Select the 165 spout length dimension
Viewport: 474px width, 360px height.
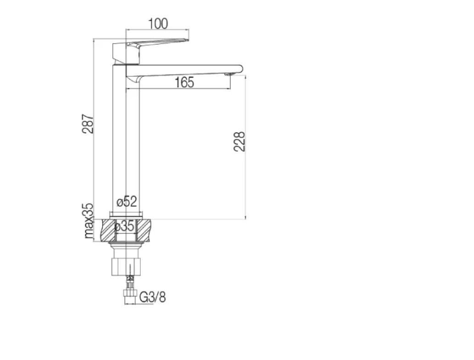click(x=184, y=83)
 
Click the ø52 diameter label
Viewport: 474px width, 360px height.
click(x=127, y=201)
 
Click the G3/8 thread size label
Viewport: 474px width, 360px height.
click(x=152, y=297)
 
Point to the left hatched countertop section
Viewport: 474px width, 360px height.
click(x=108, y=230)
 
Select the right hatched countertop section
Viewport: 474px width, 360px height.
click(x=144, y=230)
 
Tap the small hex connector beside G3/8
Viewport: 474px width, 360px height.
click(x=130, y=296)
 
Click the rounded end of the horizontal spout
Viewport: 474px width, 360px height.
click(x=239, y=68)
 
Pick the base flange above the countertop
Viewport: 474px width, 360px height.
click(x=126, y=214)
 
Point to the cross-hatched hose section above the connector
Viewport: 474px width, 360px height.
click(x=130, y=281)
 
